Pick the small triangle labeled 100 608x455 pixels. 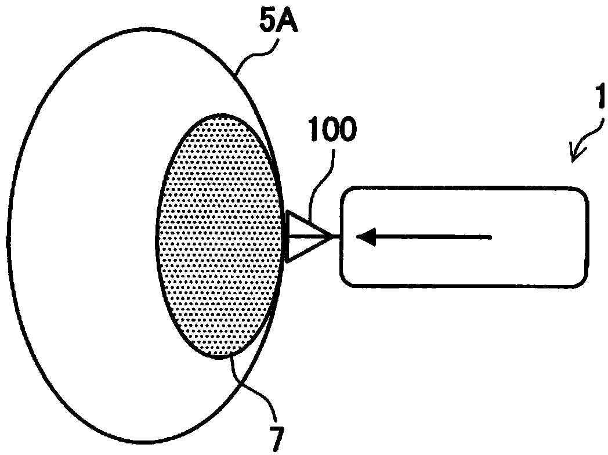click(305, 237)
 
